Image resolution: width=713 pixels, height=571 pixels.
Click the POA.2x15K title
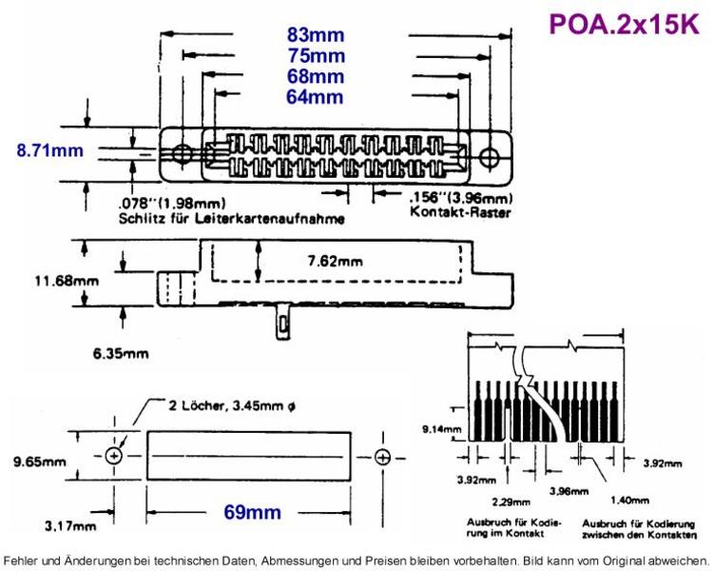(x=624, y=24)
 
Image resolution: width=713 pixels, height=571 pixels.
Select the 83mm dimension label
(x=316, y=35)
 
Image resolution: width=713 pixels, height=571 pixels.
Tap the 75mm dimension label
(x=317, y=56)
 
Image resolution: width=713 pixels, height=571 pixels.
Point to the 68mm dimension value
(x=316, y=76)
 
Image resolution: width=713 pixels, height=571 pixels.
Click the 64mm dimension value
(x=315, y=97)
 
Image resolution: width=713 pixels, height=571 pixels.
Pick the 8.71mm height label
(x=50, y=150)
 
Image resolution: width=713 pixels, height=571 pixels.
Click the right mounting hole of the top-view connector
(x=490, y=156)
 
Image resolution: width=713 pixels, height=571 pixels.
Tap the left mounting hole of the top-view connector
(x=183, y=154)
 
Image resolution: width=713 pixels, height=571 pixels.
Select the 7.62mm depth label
(x=336, y=262)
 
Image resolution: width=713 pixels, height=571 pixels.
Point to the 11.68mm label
(x=67, y=281)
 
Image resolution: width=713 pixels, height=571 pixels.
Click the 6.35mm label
(x=121, y=353)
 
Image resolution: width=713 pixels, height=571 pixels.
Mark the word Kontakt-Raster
(x=460, y=212)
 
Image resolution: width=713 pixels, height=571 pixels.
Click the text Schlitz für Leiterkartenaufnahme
(x=231, y=219)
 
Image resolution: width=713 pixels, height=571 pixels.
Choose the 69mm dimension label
(x=252, y=512)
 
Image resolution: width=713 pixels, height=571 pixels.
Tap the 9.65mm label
(x=39, y=463)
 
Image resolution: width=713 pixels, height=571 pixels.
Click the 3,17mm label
(x=70, y=527)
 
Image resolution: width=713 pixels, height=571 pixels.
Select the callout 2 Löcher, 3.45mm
(x=232, y=405)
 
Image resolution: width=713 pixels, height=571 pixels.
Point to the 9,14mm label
(x=441, y=429)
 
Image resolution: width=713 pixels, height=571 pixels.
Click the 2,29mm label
(x=511, y=502)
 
